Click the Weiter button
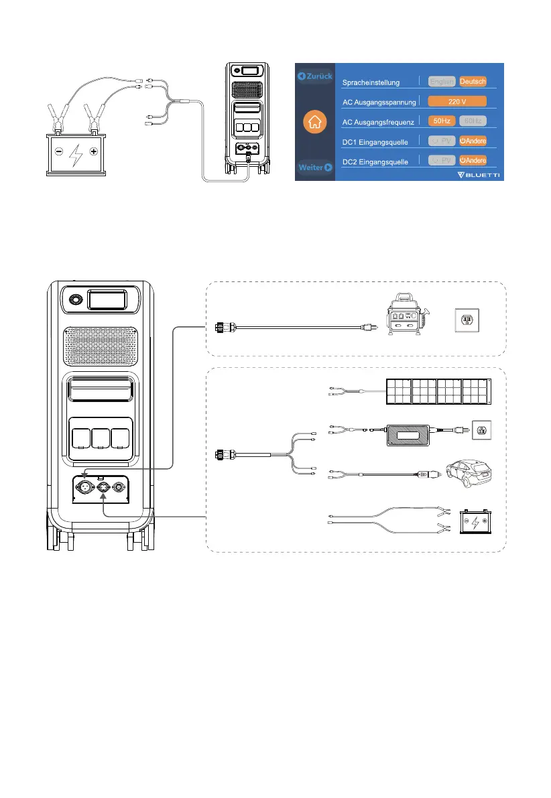coord(315,168)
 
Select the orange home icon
coord(315,122)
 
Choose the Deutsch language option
coord(473,81)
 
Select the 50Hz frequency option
coord(442,121)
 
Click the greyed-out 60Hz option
coord(473,121)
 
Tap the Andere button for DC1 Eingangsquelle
coord(473,141)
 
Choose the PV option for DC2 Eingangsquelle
coord(442,161)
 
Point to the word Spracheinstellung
coord(371,82)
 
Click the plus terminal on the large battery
coord(93,152)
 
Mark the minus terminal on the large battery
coord(59,152)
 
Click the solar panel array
coord(435,392)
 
